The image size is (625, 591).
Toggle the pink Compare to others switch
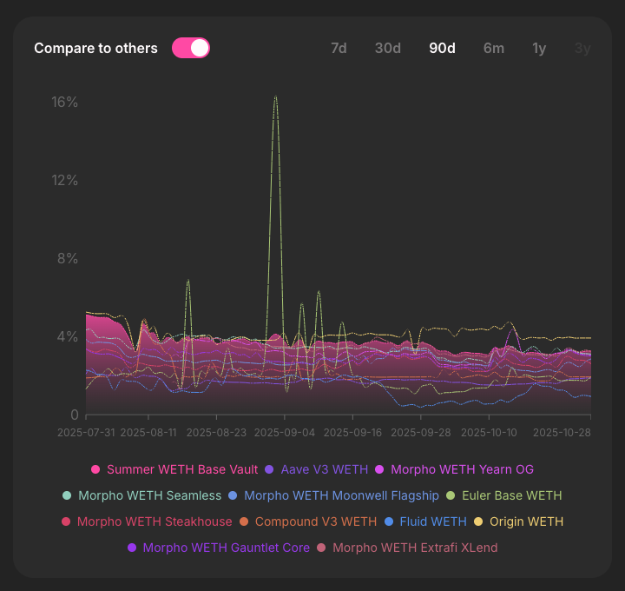191,48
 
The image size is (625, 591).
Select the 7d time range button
339,48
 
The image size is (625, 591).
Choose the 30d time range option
387,48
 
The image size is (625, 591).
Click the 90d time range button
442,48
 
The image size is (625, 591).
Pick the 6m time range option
493,48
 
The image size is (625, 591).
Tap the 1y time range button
539,48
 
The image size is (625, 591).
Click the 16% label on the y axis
65,102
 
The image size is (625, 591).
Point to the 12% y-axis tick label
65,180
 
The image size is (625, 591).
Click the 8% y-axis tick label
68,258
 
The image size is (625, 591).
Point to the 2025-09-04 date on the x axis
286,431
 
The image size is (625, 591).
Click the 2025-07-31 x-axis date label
86,431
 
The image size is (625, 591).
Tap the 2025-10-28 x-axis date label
561,431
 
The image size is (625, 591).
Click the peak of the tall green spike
275,96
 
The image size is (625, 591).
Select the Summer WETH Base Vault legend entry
181,469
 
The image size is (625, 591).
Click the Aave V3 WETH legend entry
324,469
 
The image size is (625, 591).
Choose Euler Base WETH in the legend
511,495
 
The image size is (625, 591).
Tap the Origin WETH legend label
526,521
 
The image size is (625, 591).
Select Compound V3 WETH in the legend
315,521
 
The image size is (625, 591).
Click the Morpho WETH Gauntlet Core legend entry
226,548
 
